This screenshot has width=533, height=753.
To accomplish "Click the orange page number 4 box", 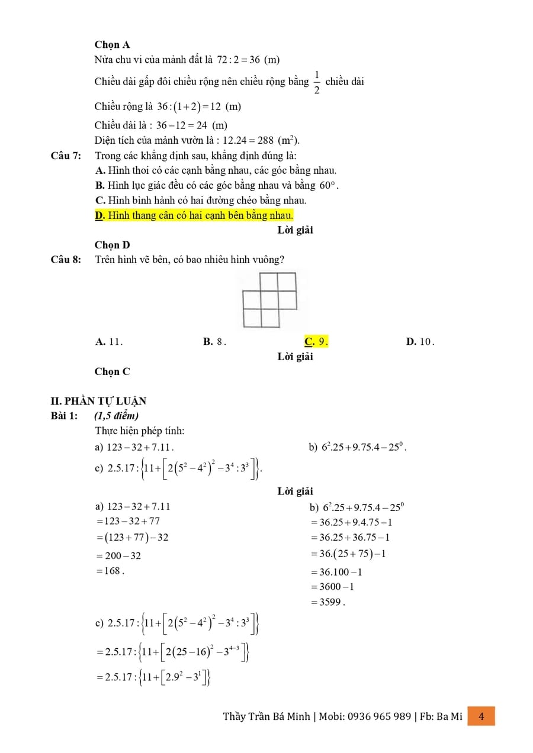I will point(481,716).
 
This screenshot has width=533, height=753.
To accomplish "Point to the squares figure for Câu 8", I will point(269,300).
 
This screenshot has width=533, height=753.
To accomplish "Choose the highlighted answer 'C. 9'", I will point(316,341).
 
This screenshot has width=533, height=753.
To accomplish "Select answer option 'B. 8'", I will point(214,341).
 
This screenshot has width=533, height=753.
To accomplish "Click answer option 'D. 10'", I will point(420,341).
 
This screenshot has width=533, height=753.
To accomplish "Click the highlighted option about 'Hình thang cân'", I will point(194,215).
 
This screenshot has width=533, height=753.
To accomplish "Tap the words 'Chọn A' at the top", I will point(112,45).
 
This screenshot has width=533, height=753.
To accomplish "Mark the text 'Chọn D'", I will point(112,245).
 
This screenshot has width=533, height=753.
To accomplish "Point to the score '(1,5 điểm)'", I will point(116,416).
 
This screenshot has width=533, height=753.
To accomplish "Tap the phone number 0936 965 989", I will point(379,716).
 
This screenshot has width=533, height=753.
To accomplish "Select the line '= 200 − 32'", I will point(118,555).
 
